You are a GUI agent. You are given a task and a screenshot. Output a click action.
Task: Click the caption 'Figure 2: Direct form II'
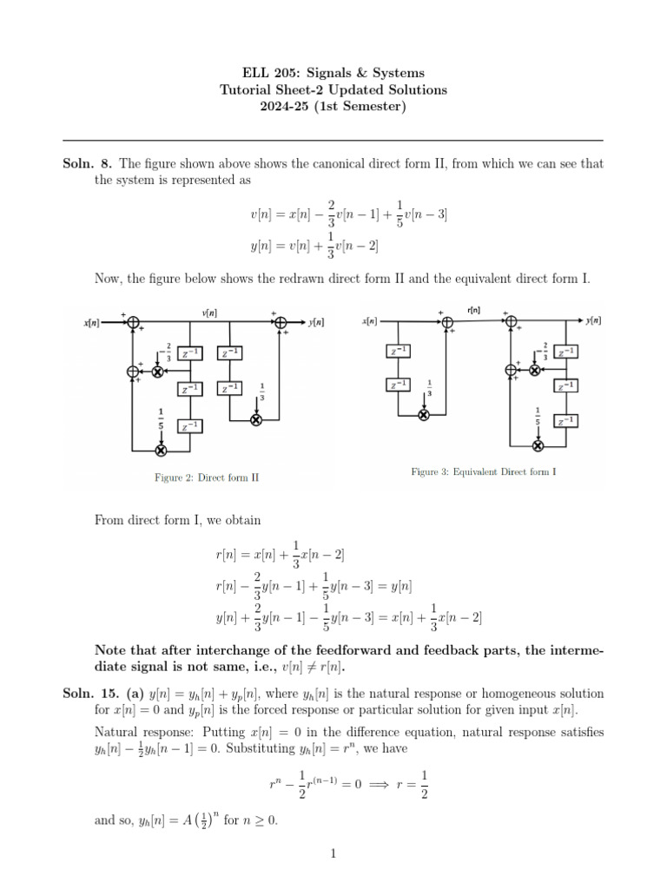205,477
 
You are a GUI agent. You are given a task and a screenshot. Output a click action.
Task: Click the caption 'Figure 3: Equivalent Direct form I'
483,472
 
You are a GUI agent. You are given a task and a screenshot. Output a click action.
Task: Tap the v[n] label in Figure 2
209,313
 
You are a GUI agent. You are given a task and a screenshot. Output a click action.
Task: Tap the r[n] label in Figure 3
475,309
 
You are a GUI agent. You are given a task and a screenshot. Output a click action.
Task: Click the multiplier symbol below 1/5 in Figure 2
161,450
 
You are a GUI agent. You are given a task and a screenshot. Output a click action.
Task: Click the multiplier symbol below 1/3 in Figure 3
424,414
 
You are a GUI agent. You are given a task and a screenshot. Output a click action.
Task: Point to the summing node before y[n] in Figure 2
281,322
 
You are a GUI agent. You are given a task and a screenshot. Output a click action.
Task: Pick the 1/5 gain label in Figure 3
538,415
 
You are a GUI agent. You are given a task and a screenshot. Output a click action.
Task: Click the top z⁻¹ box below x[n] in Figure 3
398,351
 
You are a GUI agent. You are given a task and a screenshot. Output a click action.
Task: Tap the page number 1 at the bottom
333,854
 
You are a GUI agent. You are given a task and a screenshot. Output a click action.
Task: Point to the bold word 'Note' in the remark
111,651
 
